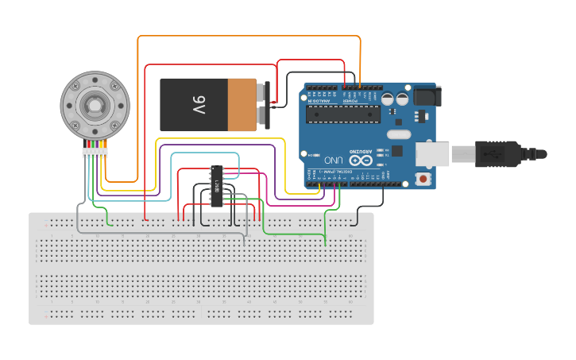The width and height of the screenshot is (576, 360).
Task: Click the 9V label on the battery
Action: [199, 104]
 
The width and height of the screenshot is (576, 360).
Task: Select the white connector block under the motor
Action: [95, 153]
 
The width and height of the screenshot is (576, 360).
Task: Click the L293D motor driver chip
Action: [217, 187]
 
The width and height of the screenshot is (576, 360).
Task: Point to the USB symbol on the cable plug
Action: [497, 153]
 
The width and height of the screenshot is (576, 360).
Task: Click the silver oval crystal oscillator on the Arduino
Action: [399, 134]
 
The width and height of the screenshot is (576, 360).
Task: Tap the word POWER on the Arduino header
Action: [350, 102]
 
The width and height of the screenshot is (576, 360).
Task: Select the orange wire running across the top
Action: [246, 37]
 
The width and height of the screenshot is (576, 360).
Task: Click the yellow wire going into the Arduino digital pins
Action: [222, 139]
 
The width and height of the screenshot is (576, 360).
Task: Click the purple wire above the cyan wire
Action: [215, 145]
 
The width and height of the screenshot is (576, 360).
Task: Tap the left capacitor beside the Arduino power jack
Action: [388, 99]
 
